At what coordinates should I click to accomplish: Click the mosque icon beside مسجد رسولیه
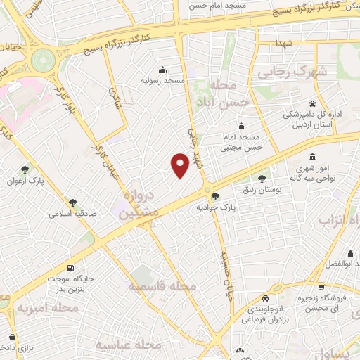(x=163, y=70)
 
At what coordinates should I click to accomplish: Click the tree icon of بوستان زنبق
(x=264, y=179)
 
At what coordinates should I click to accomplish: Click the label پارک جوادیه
(x=214, y=208)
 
